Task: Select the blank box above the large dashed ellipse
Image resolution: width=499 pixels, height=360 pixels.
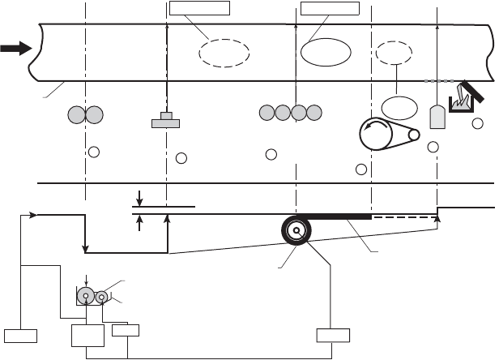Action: pos(200,9)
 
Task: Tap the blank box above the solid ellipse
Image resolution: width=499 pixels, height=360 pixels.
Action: pos(328,9)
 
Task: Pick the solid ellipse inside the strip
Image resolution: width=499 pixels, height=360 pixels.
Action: pos(326,51)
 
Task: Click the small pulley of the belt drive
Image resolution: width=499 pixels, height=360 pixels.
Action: pos(414,135)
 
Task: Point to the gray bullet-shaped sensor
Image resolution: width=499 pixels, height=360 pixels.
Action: pos(437,117)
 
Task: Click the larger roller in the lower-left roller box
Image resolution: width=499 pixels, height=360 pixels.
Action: pos(85,296)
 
